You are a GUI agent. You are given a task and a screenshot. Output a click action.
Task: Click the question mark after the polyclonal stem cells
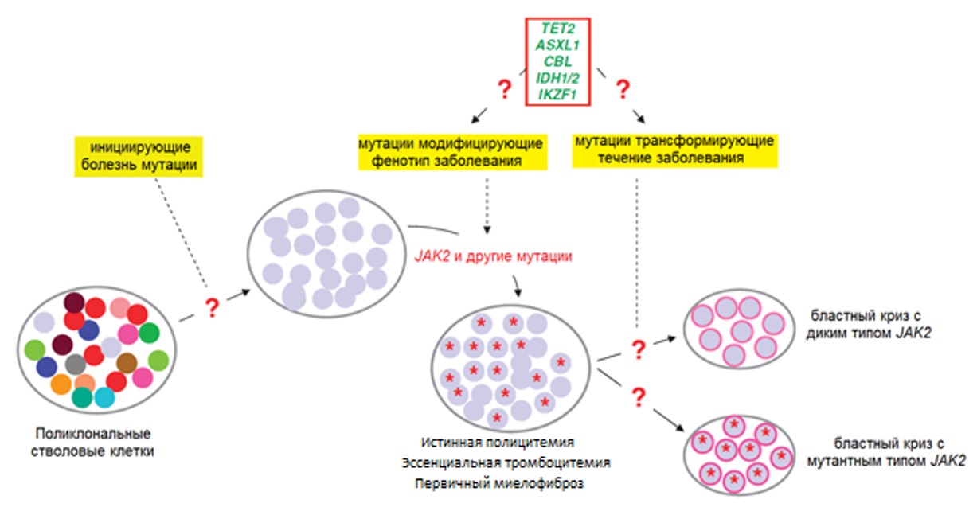click(x=212, y=308)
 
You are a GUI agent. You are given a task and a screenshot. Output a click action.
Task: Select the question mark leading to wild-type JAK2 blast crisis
click(x=638, y=349)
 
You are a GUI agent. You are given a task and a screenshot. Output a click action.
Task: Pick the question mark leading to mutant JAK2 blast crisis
click(x=638, y=396)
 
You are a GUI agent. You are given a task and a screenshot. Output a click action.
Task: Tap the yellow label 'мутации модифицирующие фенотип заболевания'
click(x=450, y=151)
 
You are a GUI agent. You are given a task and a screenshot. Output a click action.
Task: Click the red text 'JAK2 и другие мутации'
click(x=494, y=258)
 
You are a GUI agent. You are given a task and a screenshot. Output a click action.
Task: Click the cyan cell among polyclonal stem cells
click(x=104, y=396)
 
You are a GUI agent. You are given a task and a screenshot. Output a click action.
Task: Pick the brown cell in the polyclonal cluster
click(x=127, y=363)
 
